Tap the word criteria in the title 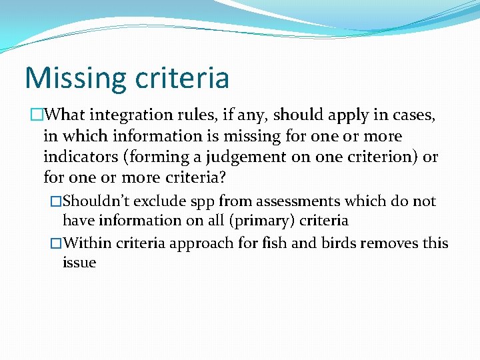[x=181, y=78]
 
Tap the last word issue [x=79, y=263]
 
